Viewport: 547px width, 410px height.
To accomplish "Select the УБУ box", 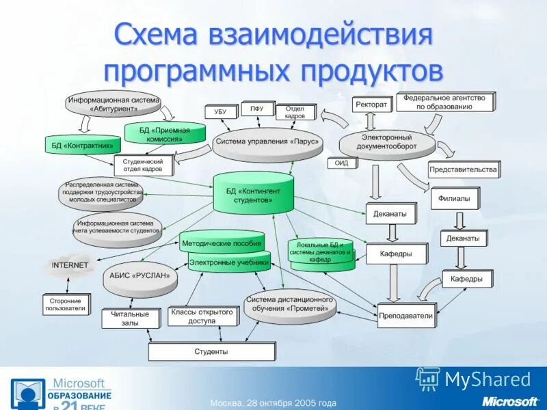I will tap(219, 111).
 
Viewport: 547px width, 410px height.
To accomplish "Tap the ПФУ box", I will tap(256, 109).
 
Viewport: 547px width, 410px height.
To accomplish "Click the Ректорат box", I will tap(371, 105).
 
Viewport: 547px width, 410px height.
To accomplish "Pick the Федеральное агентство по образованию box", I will tap(444, 102).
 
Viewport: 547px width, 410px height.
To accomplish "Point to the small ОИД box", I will tap(342, 163).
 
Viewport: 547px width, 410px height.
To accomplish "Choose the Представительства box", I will tap(463, 169).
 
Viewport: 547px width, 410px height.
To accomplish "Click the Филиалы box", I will tap(454, 198).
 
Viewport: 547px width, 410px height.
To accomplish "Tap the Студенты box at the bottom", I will tap(211, 351).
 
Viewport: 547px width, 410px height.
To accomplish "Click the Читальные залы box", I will tap(124, 318).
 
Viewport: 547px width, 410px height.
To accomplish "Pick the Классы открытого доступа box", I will tap(202, 316).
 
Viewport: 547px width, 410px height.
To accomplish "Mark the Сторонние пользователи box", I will tap(65, 304).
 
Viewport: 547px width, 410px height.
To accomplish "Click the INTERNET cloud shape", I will tap(70, 265).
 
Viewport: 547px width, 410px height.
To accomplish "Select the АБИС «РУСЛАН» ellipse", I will tap(139, 275).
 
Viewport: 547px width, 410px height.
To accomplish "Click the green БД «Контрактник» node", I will tap(82, 145).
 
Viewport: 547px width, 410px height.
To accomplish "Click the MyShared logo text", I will tap(487, 379).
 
